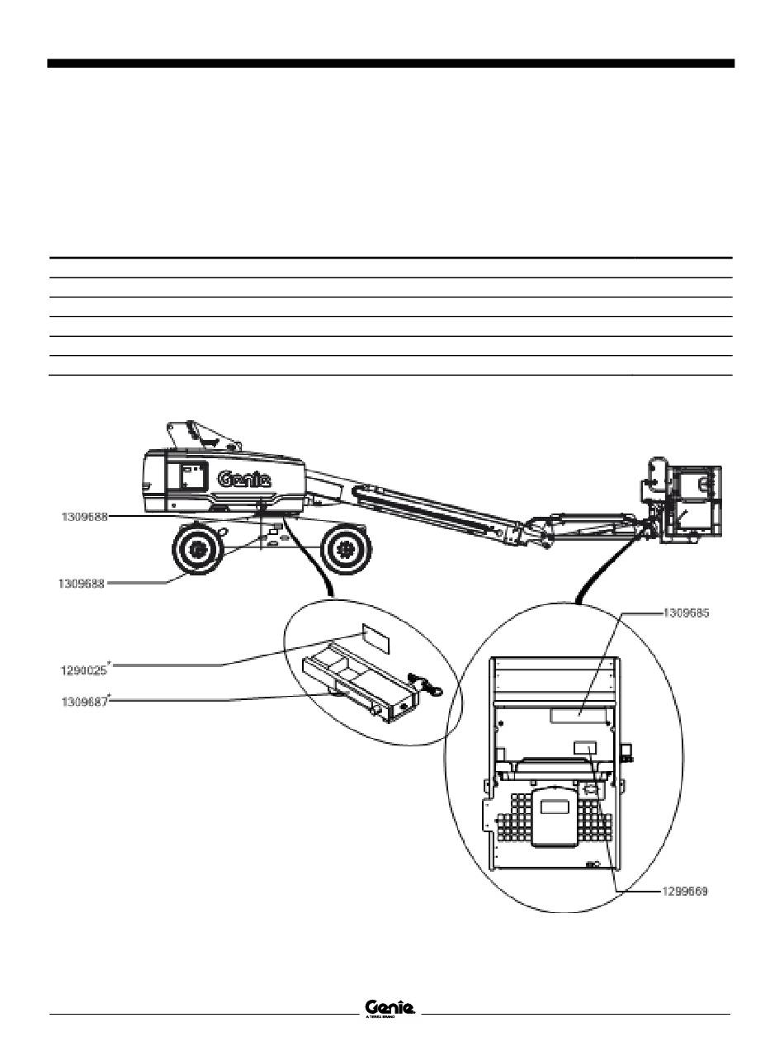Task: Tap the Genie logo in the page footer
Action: coord(390,1008)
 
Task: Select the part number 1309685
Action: coord(687,613)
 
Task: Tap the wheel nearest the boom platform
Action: coord(346,548)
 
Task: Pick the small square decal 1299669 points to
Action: coord(585,747)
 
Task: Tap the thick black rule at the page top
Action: coord(390,64)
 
